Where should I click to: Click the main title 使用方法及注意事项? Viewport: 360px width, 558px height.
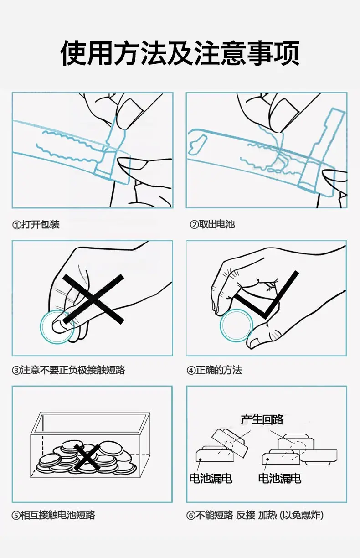pyautogui.click(x=180, y=53)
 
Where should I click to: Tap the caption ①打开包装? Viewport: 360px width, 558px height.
pyautogui.click(x=36, y=225)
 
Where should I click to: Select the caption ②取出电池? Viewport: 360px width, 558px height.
pyautogui.click(x=212, y=225)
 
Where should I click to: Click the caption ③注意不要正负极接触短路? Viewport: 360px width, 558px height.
pyautogui.click(x=68, y=370)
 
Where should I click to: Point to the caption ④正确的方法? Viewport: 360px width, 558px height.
pyautogui.click(x=214, y=370)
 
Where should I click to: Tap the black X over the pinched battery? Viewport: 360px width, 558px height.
pyautogui.click(x=93, y=299)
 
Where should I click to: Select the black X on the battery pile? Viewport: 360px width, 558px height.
pyautogui.click(x=87, y=457)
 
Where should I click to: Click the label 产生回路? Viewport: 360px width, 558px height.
pyautogui.click(x=262, y=420)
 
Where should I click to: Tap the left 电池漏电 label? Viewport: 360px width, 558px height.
pyautogui.click(x=211, y=478)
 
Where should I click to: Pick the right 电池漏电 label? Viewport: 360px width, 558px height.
pyautogui.click(x=280, y=478)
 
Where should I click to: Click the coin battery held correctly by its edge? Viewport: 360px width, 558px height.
pyautogui.click(x=237, y=325)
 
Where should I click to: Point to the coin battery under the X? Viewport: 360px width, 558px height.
pyautogui.click(x=57, y=326)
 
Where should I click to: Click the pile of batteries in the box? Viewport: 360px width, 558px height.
pyautogui.click(x=87, y=457)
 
